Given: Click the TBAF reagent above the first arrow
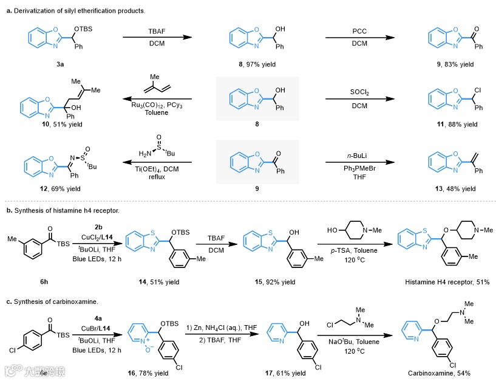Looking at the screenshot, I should (x=157, y=30).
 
